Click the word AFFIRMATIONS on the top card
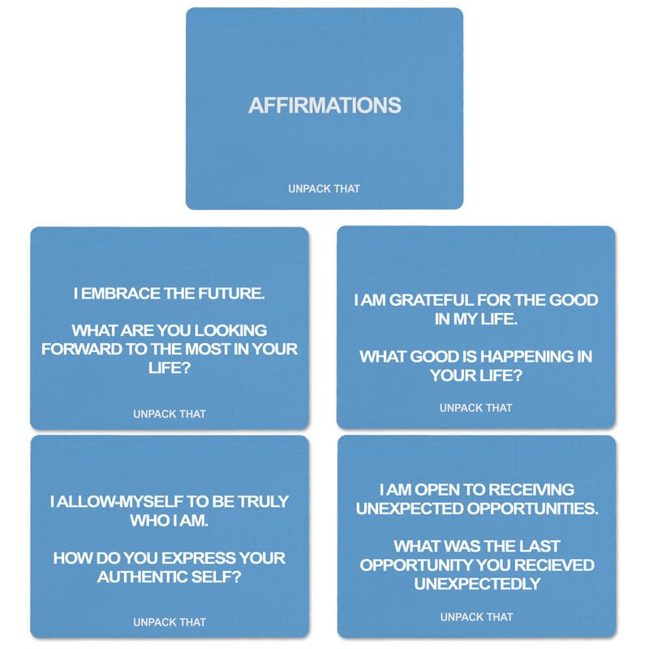(x=324, y=105)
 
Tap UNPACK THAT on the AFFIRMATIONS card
(x=324, y=189)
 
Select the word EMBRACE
(x=122, y=294)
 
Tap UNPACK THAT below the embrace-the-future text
(x=170, y=414)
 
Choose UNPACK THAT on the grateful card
(x=476, y=408)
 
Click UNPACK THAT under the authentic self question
(x=170, y=622)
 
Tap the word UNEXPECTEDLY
(x=475, y=583)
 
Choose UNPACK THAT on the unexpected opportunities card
(x=476, y=617)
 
